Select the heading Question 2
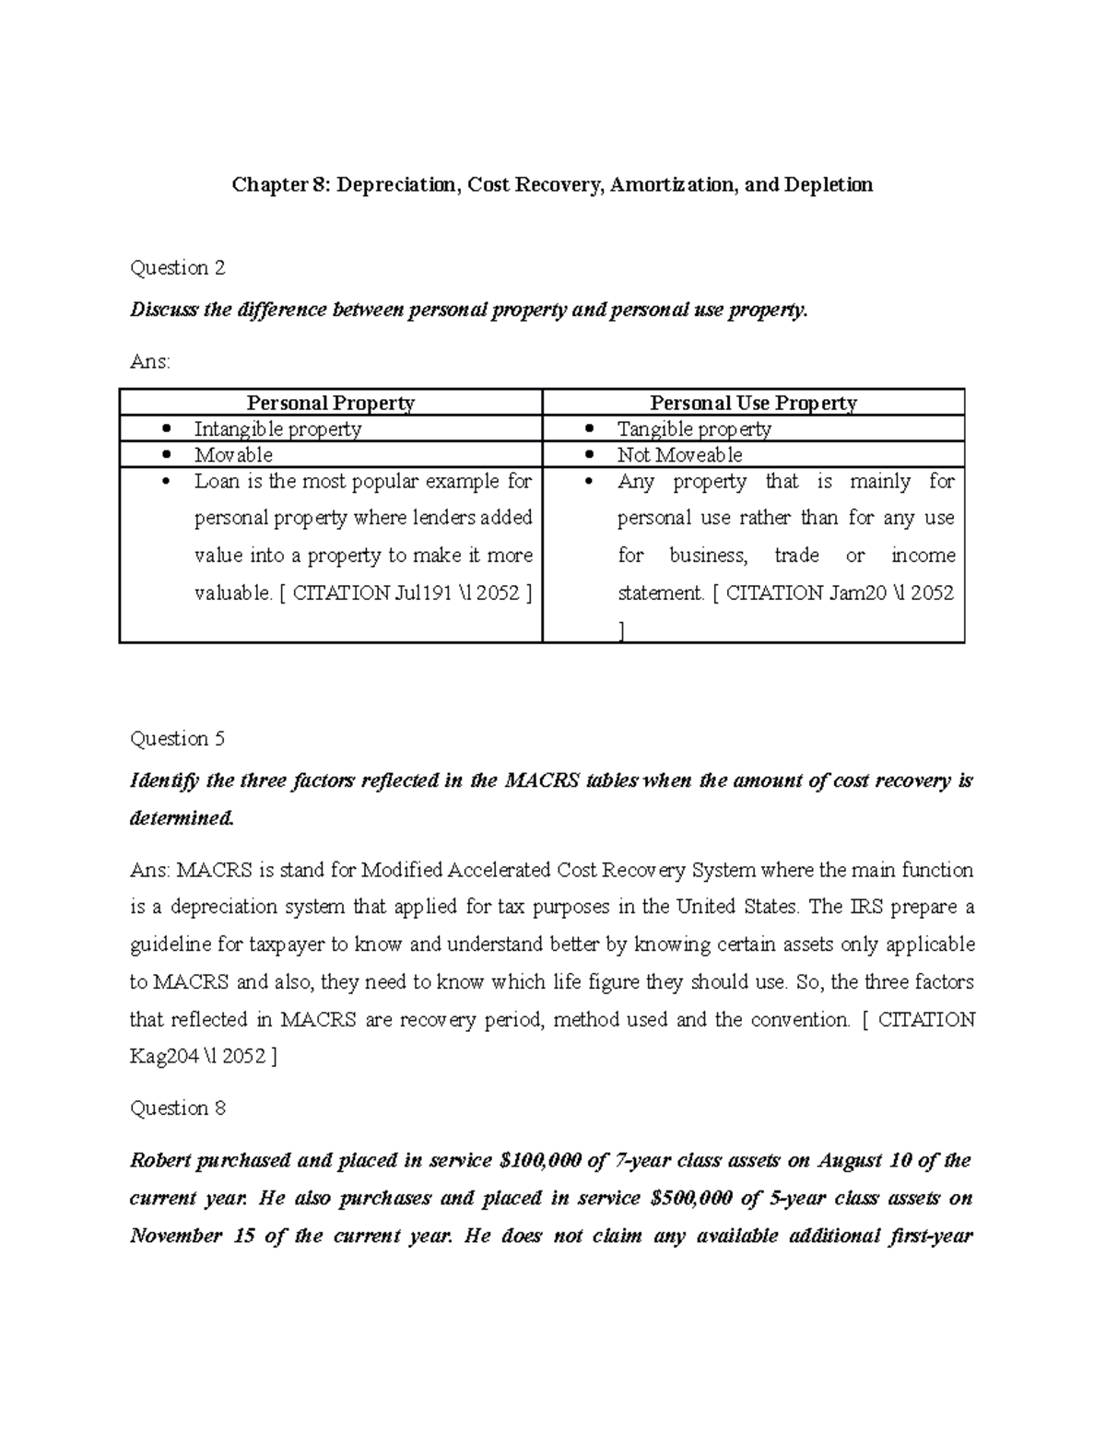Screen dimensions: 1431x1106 [x=178, y=268]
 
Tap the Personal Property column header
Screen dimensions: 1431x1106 [x=330, y=403]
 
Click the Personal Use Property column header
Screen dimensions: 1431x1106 [x=753, y=403]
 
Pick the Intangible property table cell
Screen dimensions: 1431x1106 [x=277, y=428]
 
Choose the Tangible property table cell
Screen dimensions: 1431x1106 [x=693, y=428]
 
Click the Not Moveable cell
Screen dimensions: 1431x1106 [x=679, y=454]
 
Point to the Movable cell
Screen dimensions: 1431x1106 [x=233, y=454]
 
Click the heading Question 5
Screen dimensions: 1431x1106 [x=178, y=739]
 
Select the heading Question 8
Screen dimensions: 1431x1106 [x=178, y=1108]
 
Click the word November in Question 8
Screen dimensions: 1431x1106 [x=178, y=1236]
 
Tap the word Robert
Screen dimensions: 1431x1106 [x=162, y=1161]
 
